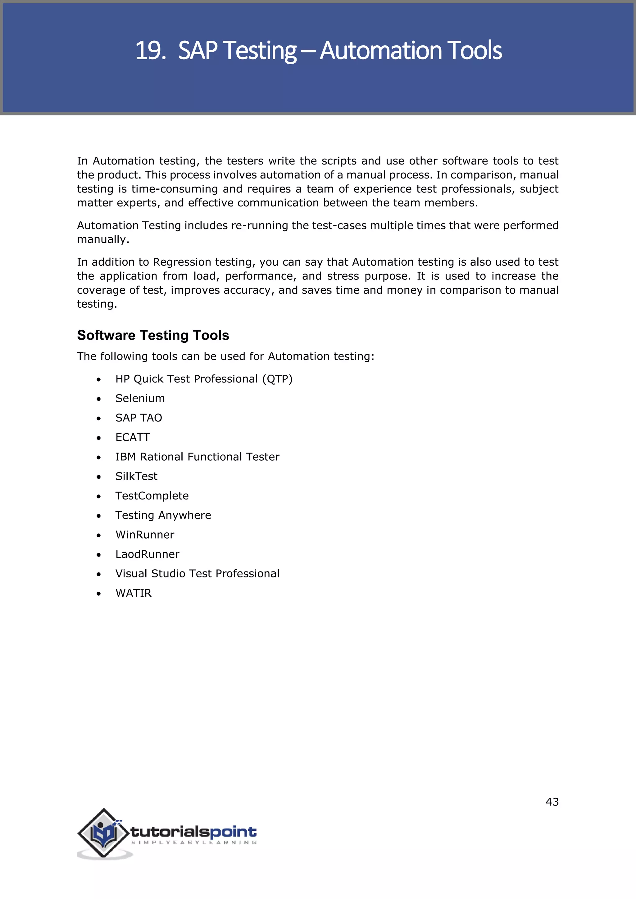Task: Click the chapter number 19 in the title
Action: (x=148, y=51)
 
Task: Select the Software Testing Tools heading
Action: (x=153, y=335)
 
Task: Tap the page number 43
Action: (x=552, y=802)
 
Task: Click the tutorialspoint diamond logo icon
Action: (x=103, y=833)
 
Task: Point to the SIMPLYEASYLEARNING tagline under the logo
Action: (x=194, y=842)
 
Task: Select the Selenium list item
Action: (x=140, y=398)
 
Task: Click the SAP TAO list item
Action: (x=139, y=418)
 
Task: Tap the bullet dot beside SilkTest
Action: (x=99, y=477)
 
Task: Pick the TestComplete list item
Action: (x=152, y=496)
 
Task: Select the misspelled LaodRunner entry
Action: (x=147, y=554)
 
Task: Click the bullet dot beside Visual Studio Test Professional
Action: (x=99, y=574)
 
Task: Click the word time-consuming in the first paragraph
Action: (x=174, y=189)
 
